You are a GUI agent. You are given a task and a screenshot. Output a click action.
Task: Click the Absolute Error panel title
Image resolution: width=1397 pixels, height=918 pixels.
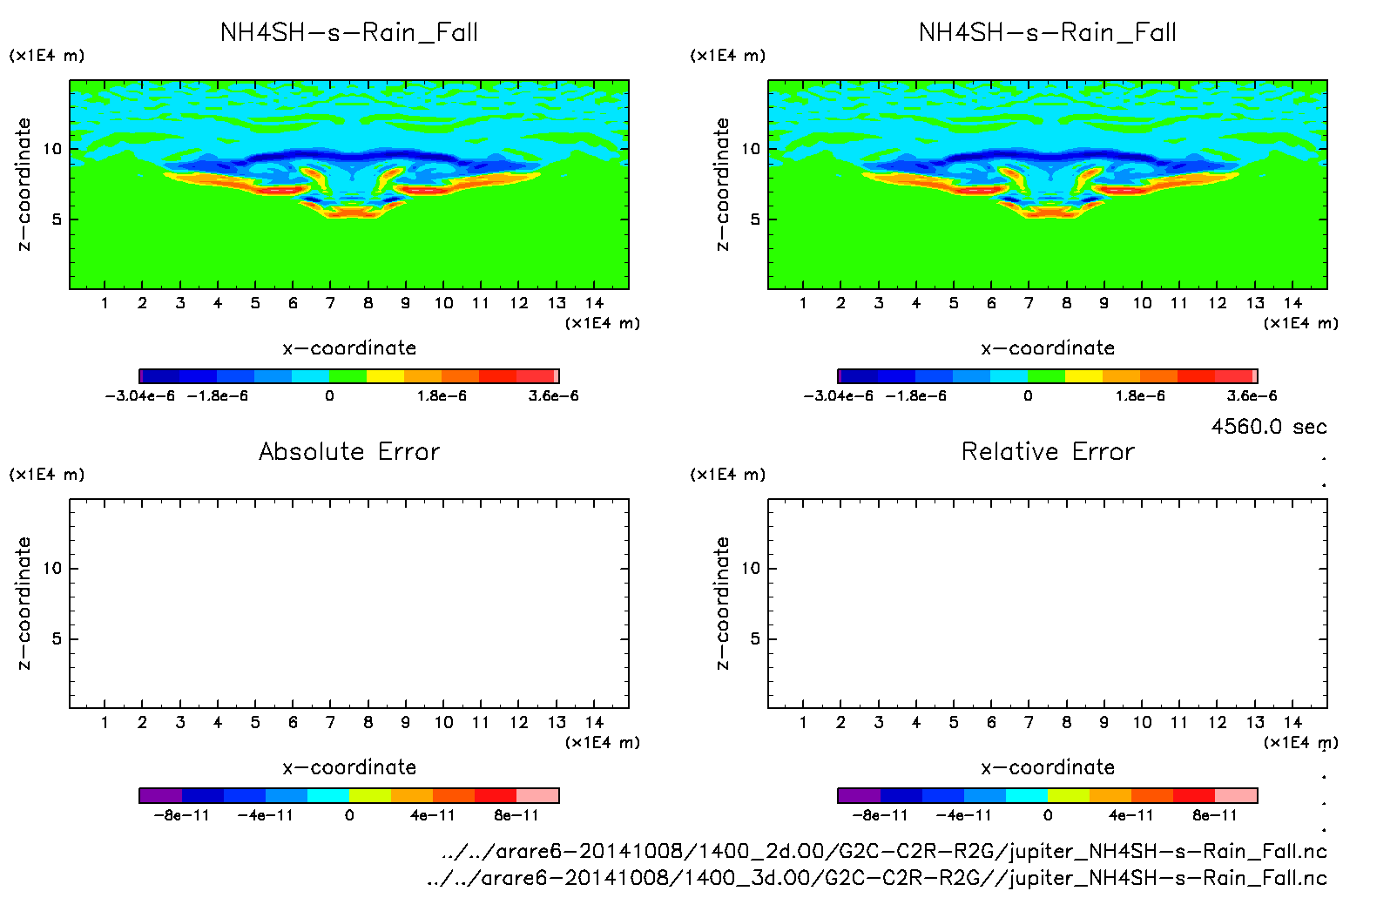pos(349,452)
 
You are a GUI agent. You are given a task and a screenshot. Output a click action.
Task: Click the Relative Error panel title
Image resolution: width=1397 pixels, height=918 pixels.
pos(1048,452)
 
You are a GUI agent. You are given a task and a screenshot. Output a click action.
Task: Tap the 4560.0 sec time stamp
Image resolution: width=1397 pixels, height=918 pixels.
pos(1268,427)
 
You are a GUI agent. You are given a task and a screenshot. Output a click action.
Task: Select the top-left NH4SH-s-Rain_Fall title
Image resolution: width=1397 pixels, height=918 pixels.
pos(349,33)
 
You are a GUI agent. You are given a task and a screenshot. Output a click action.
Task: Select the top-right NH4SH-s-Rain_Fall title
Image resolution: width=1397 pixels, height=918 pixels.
pos(1048,33)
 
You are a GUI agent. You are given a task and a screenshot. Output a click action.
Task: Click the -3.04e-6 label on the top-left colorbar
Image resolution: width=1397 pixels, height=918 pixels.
pos(139,396)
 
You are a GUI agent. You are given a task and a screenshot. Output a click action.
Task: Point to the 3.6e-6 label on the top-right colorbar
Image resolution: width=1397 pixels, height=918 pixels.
pos(1252,396)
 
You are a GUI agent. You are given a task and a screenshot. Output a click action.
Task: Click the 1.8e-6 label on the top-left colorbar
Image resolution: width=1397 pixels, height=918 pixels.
pos(442,396)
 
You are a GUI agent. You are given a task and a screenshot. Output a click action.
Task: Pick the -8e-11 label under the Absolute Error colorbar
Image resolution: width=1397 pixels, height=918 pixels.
pos(181,816)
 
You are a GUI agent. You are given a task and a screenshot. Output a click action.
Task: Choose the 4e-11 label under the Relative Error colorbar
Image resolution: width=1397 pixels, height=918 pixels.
pos(1130,816)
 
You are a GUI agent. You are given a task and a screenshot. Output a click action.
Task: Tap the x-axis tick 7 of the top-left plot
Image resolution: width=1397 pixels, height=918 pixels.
pos(330,303)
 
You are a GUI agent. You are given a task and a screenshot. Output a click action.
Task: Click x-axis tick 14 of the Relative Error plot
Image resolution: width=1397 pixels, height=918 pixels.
pos(1292,723)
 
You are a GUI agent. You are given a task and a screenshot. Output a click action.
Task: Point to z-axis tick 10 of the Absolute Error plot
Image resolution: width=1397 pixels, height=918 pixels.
pos(52,569)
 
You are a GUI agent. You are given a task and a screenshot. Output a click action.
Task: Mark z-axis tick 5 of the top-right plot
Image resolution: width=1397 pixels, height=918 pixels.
pos(755,219)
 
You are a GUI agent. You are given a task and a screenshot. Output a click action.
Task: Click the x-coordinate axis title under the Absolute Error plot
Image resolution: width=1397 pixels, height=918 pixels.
pos(349,767)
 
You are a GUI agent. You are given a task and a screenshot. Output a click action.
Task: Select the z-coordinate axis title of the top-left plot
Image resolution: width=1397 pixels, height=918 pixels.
pos(24,185)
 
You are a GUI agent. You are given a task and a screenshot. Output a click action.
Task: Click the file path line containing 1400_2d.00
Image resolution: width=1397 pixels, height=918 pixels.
pos(884,852)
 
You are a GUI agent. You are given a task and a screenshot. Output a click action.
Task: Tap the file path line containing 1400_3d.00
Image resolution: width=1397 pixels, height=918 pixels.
pos(876,878)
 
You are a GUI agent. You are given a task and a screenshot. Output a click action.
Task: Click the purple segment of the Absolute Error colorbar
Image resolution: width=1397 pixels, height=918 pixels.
pos(160,795)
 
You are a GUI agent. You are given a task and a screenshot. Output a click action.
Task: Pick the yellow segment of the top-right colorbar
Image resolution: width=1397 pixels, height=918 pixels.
pos(1083,376)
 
